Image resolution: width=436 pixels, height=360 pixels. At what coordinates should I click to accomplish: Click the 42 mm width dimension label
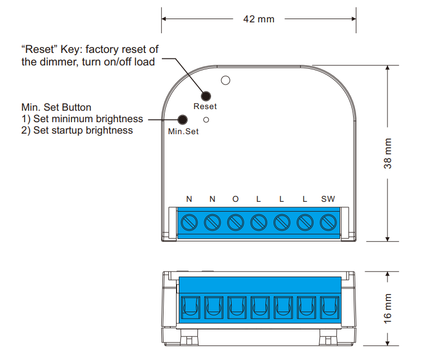point(258,19)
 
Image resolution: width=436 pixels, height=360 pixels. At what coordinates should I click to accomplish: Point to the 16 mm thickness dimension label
point(388,308)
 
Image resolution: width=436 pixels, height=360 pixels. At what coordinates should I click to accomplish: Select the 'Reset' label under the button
point(205,106)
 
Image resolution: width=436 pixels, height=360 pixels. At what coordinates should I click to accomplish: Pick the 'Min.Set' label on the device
point(183,131)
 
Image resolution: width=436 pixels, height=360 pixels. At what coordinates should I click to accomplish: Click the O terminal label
point(235,199)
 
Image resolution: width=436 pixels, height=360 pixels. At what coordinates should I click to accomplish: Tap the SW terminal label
point(328,199)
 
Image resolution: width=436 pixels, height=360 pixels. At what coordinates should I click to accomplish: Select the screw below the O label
point(235,223)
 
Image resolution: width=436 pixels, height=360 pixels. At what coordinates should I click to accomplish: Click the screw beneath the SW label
point(328,223)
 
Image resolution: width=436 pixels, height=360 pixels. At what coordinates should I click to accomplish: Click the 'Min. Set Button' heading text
point(56,107)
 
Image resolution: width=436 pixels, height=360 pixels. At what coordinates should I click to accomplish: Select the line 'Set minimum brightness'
point(88,118)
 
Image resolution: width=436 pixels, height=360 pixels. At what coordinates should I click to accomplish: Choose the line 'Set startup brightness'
point(83,130)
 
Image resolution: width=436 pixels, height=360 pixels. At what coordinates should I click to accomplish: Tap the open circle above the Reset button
point(225,81)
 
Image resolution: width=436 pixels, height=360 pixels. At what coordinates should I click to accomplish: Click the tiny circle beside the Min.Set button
point(206,119)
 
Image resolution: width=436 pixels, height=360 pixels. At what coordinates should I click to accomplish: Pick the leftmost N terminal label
point(189,199)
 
